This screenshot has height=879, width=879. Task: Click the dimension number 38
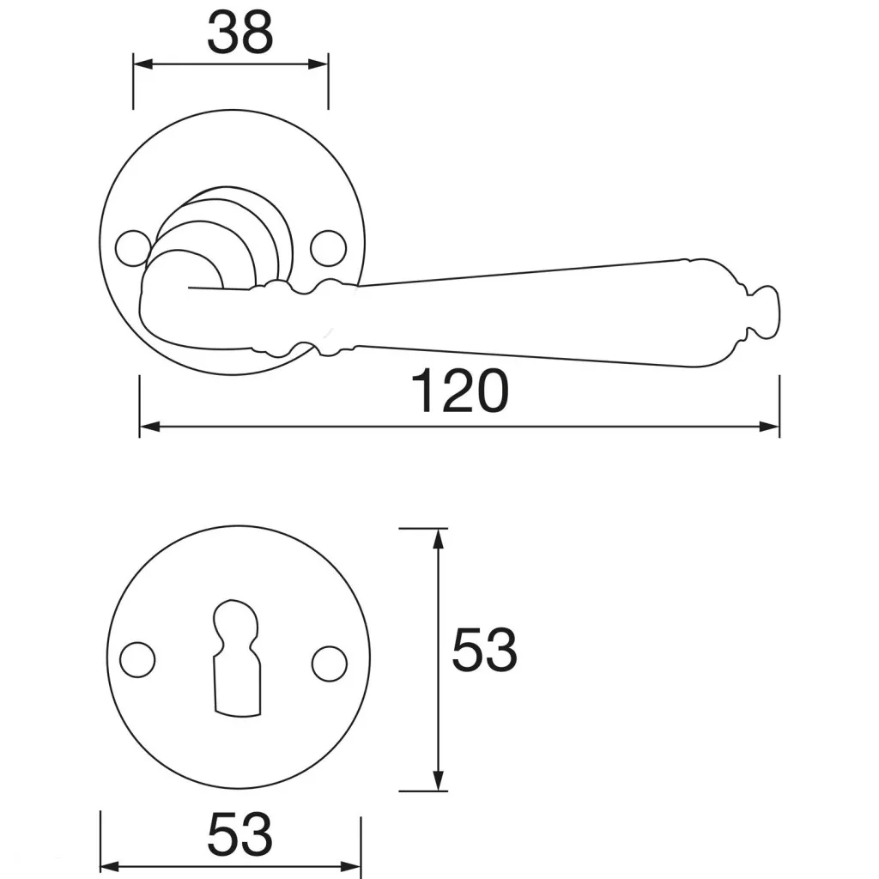[240, 33]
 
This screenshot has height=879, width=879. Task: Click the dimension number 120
[460, 391]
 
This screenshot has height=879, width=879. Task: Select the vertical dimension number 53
[484, 650]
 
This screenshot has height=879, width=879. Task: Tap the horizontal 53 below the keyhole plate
[240, 834]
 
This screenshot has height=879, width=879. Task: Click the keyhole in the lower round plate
[237, 658]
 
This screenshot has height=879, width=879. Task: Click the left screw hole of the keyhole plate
[138, 660]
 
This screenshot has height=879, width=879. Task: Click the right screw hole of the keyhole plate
[330, 664]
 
